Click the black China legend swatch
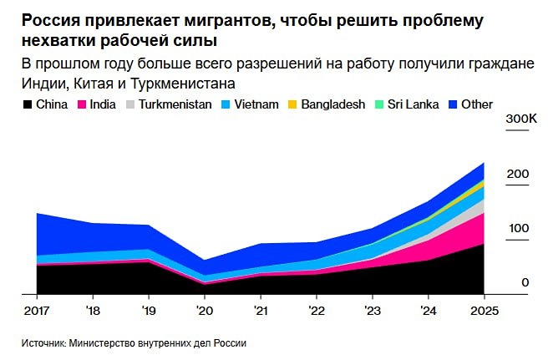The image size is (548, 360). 27,104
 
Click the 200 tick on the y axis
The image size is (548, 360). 519,174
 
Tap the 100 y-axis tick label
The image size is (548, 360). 519,228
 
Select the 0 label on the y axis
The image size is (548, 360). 525,282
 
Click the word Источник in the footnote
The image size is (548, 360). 43,342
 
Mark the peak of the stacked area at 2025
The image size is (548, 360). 484,163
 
